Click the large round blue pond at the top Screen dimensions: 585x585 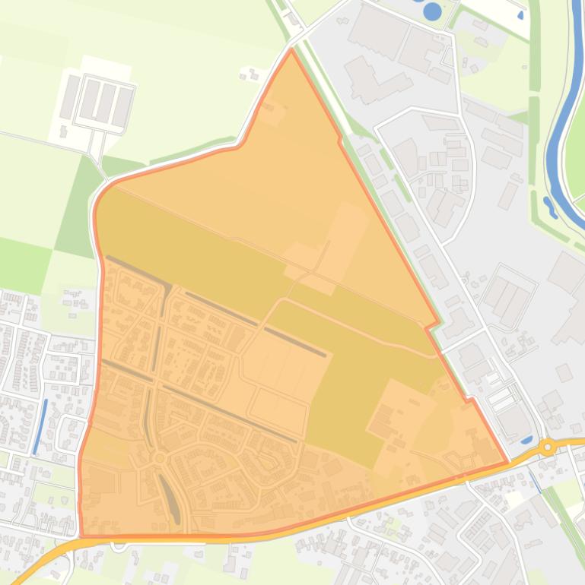pyautogui.click(x=432, y=11)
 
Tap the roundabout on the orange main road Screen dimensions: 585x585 pyautogui.click(x=547, y=447)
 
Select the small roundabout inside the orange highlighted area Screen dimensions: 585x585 pyautogui.click(x=159, y=458)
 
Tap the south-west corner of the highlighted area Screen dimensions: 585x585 pyautogui.click(x=81, y=534)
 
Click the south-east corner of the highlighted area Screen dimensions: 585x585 pyautogui.click(x=506, y=462)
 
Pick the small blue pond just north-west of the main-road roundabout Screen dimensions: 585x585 pyautogui.click(x=526, y=438)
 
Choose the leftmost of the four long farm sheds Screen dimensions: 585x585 pyautogui.click(x=70, y=96)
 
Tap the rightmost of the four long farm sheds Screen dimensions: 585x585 pyautogui.click(x=122, y=106)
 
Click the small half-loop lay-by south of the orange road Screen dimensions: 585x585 pyautogui.click(x=118, y=545)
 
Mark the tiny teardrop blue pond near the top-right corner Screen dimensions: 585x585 pyautogui.click(x=520, y=15)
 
